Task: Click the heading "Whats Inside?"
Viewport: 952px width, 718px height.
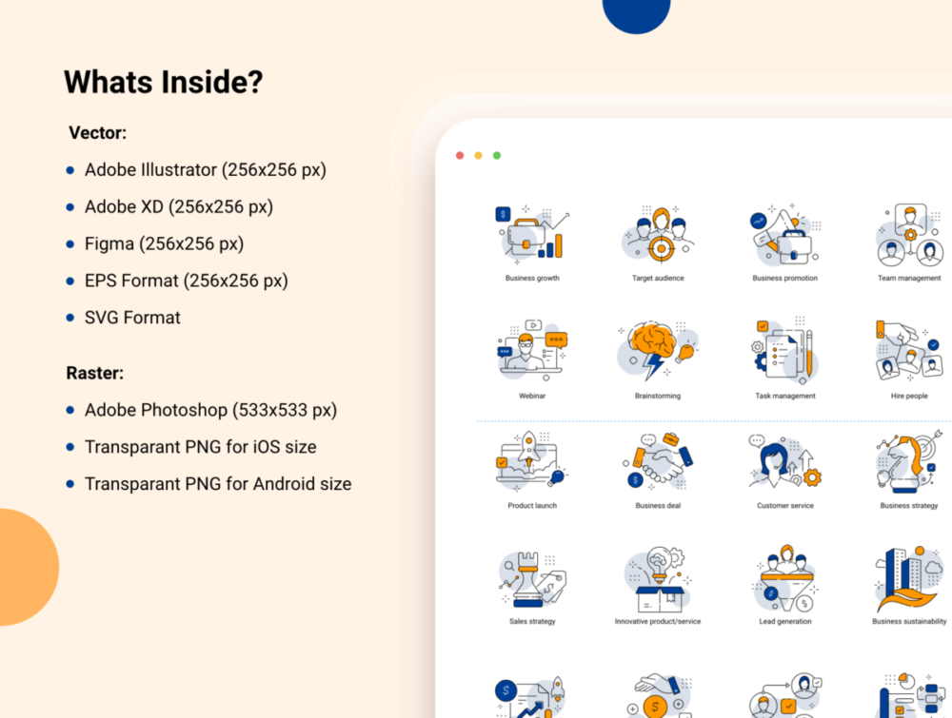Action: pyautogui.click(x=164, y=82)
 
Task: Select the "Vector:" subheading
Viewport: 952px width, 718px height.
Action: pyautogui.click(x=98, y=133)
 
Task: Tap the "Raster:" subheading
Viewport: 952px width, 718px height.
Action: pyautogui.click(x=94, y=373)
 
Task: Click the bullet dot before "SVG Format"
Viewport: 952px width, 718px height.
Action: pyautogui.click(x=70, y=318)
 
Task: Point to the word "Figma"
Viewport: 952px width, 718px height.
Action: pyautogui.click(x=109, y=243)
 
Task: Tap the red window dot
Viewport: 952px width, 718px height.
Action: pyautogui.click(x=460, y=156)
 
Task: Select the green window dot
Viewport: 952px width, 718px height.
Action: pyautogui.click(x=497, y=156)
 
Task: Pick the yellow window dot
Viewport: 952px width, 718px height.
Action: pyautogui.click(x=479, y=156)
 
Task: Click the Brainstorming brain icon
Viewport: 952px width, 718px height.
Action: pyautogui.click(x=651, y=340)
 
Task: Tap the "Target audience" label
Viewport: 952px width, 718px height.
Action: pyautogui.click(x=658, y=279)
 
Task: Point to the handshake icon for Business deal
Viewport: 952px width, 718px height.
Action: pyautogui.click(x=659, y=463)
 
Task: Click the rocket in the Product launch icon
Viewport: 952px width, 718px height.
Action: pyautogui.click(x=528, y=448)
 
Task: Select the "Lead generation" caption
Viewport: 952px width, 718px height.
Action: pyautogui.click(x=785, y=622)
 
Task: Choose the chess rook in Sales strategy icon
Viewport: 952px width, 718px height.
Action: pyautogui.click(x=527, y=580)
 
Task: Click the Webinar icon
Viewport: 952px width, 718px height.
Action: pyautogui.click(x=532, y=351)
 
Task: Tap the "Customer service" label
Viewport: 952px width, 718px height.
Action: pyautogui.click(x=785, y=506)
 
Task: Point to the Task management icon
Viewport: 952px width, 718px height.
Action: pyautogui.click(x=785, y=351)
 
